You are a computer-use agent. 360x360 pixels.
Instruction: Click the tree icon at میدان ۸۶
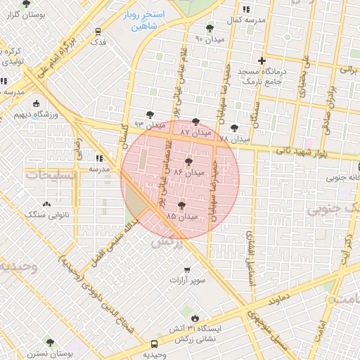click(188, 162)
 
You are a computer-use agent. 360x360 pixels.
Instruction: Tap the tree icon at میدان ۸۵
click(182, 206)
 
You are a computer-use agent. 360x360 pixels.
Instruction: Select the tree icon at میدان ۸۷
click(195, 122)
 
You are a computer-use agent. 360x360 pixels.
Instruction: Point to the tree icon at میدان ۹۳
click(149, 114)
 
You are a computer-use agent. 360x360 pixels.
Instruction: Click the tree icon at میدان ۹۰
click(210, 28)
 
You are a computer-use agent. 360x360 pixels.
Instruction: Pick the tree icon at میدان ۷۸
click(234, 128)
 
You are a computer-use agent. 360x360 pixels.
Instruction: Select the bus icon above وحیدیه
click(154, 345)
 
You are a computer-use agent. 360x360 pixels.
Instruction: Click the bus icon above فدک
click(98, 31)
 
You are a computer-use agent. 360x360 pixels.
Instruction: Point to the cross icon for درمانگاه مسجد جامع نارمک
click(262, 61)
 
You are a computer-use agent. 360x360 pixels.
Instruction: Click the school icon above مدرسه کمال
click(245, 9)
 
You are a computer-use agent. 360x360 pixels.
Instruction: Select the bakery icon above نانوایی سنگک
click(47, 204)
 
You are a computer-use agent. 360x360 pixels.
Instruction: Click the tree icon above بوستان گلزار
click(26, 4)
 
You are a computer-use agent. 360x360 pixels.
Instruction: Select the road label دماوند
click(278, 297)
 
